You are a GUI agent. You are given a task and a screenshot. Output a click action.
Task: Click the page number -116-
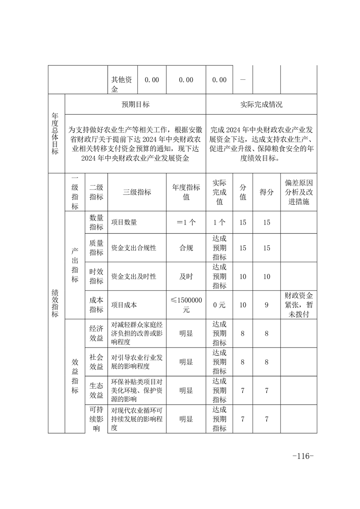(303, 455)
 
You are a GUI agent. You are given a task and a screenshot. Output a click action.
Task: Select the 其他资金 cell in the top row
(122, 84)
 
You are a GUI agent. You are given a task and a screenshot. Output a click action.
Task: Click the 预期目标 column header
(136, 104)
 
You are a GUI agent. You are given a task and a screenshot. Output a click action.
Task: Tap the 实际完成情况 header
(261, 104)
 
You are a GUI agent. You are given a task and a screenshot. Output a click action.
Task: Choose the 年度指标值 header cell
(186, 192)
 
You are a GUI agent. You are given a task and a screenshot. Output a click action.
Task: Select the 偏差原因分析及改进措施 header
(298, 192)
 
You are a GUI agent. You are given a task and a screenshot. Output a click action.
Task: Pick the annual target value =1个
(186, 222)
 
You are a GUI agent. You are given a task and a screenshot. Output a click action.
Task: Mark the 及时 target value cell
(186, 276)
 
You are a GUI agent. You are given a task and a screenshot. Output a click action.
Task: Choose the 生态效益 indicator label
(96, 390)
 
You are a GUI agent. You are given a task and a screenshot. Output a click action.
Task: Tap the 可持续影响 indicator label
(96, 419)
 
